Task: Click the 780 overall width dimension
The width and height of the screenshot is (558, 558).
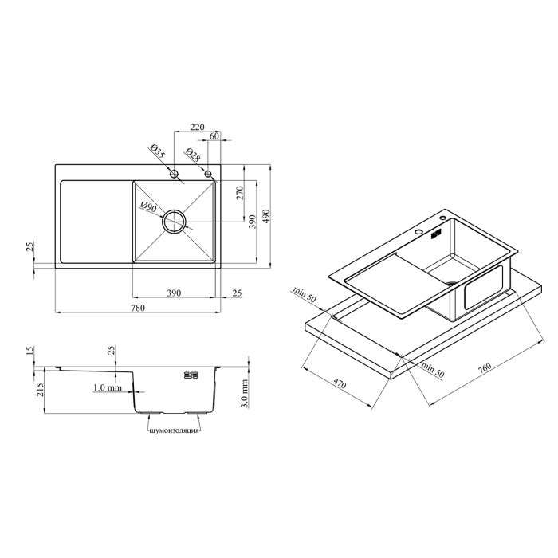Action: click(x=138, y=308)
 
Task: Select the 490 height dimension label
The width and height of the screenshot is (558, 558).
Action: click(x=266, y=216)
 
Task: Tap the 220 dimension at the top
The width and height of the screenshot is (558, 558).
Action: click(x=197, y=127)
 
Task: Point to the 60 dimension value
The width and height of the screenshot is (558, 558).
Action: click(x=214, y=136)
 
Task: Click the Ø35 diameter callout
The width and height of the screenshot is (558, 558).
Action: click(x=157, y=151)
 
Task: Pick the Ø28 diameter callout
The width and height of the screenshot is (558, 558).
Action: click(x=193, y=155)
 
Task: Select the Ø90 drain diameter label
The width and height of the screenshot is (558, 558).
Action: click(x=148, y=207)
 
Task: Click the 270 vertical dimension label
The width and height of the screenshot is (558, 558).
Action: click(x=240, y=193)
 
